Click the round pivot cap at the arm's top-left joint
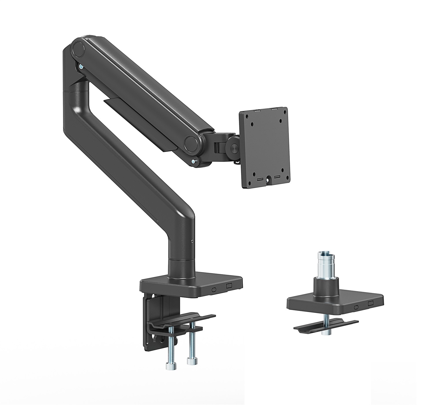click(x=79, y=48)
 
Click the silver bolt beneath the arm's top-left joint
click(x=81, y=67)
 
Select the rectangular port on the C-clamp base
click(x=229, y=285)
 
